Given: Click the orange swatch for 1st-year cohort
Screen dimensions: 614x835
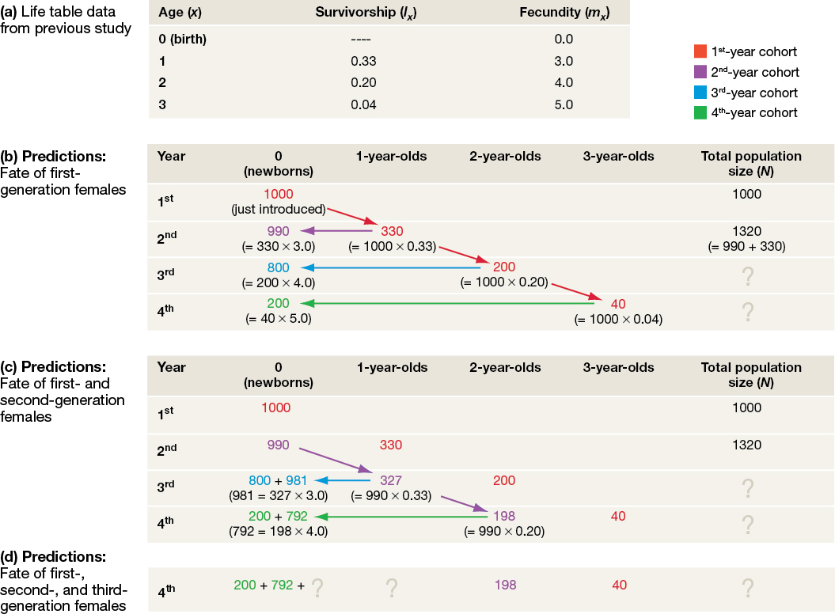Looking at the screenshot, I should coord(700,52).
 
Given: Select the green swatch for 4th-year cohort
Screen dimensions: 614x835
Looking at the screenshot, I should coord(700,112).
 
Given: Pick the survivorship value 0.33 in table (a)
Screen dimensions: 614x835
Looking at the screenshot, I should coord(363,61).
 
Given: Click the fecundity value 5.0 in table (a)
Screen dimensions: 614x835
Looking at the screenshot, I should coord(564,104).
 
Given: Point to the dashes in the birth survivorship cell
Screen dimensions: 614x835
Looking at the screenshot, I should coord(360,39).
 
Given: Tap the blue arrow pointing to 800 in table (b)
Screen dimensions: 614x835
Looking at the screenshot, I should coord(388,267).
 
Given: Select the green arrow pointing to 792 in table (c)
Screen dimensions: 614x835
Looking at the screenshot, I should coord(404,517).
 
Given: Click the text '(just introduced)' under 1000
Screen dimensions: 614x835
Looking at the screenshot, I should coord(278,209).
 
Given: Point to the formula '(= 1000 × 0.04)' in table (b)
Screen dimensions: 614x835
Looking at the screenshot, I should coord(618,319).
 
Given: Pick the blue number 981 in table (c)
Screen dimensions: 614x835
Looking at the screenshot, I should coord(297,480).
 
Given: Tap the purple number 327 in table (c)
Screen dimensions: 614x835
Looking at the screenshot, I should coord(391,480).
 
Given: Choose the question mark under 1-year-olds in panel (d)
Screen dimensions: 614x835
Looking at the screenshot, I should coord(391,587).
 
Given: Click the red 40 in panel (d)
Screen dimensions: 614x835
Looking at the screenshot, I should coord(618,586).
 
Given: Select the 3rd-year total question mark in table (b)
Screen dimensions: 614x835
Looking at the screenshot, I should coord(746,276).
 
